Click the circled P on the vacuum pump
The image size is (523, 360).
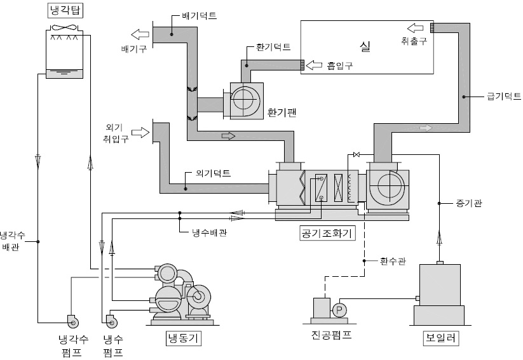click(339, 309)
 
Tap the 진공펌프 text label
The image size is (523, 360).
click(328, 334)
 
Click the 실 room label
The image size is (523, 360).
click(364, 46)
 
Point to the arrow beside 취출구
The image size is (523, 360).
click(415, 27)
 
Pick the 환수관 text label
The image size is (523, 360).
click(392, 260)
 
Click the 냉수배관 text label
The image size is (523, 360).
click(210, 232)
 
